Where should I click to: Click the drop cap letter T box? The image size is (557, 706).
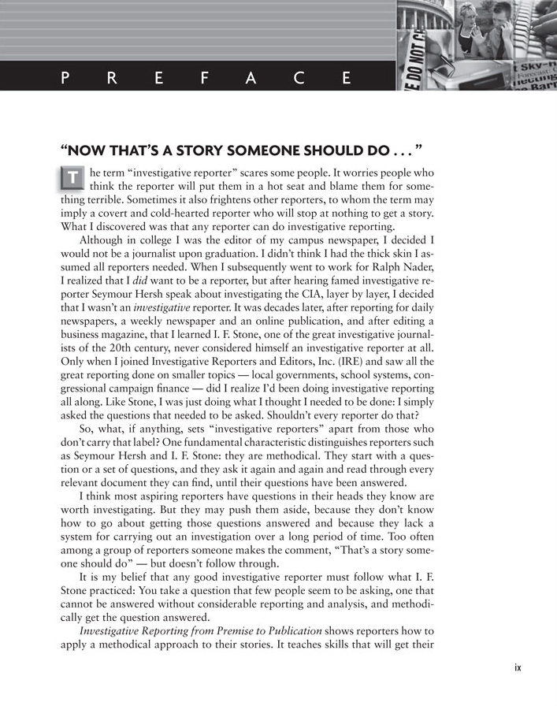coord(71,180)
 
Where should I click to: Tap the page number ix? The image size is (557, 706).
coord(518,668)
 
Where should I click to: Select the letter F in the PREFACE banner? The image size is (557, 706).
coord(205,77)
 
